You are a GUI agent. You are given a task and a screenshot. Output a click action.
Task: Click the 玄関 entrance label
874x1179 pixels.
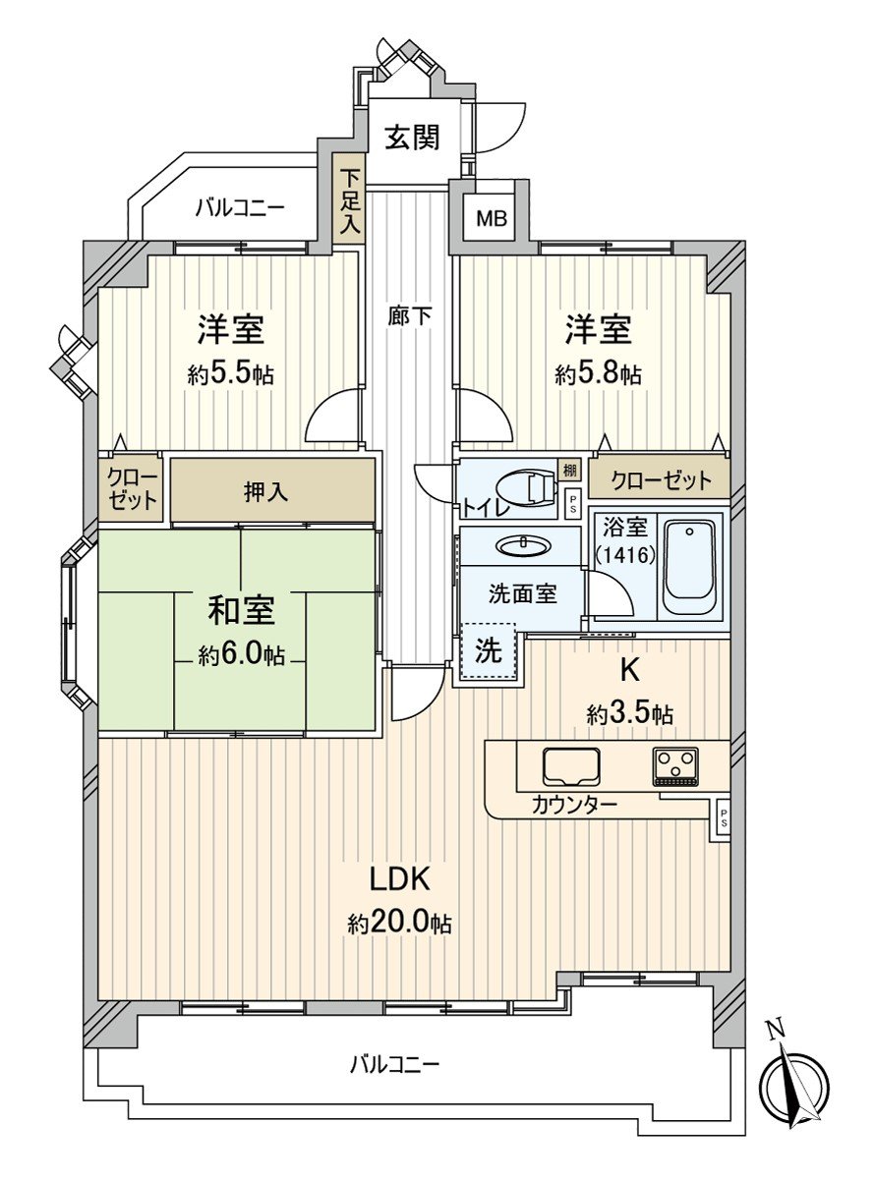[x=410, y=138]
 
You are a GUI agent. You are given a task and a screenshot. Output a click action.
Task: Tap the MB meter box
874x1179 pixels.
[x=492, y=218]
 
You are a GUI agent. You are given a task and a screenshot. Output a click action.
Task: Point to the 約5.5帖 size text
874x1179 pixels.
[x=230, y=373]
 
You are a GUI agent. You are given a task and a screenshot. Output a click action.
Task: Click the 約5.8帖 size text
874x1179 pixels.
[x=598, y=373]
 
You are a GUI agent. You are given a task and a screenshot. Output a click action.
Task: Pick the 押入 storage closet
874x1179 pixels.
[x=266, y=491]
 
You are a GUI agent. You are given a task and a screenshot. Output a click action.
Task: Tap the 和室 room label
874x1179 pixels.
[x=240, y=610]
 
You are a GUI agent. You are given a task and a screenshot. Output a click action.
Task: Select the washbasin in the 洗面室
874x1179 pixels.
[x=521, y=546]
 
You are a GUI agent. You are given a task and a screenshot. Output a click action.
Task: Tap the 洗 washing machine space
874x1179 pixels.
[x=489, y=653]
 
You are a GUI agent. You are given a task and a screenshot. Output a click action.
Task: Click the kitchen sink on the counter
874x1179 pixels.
[x=572, y=766]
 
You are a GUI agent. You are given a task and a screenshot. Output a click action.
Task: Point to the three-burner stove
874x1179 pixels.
[x=675, y=766]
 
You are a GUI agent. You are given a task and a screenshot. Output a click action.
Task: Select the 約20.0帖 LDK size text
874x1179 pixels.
[x=399, y=924]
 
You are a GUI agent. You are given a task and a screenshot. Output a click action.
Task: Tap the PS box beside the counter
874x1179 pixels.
[x=724, y=817]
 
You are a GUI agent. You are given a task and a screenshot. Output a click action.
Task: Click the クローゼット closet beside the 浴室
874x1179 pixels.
[x=660, y=480]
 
